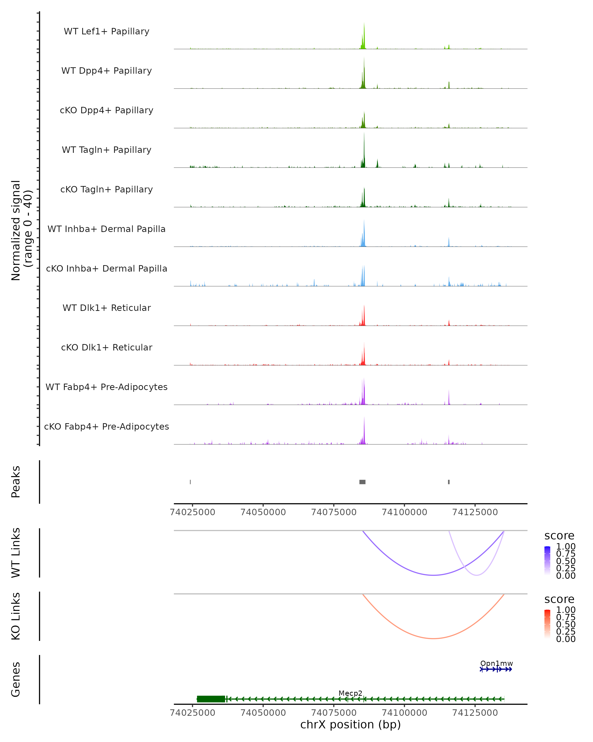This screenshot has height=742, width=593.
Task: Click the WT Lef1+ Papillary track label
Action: [x=106, y=31]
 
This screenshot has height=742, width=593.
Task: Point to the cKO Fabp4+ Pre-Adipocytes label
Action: [x=106, y=426]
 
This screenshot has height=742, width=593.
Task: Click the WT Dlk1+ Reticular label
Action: [x=106, y=308]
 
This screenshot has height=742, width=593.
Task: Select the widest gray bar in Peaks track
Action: [x=362, y=482]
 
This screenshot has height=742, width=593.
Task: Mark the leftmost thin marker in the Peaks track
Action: [x=191, y=482]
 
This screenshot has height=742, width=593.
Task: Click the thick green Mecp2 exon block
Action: [x=211, y=699]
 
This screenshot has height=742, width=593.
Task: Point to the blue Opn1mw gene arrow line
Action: [x=496, y=669]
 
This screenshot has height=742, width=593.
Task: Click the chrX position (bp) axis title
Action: [x=350, y=725]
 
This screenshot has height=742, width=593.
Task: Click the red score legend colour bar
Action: [x=547, y=624]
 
